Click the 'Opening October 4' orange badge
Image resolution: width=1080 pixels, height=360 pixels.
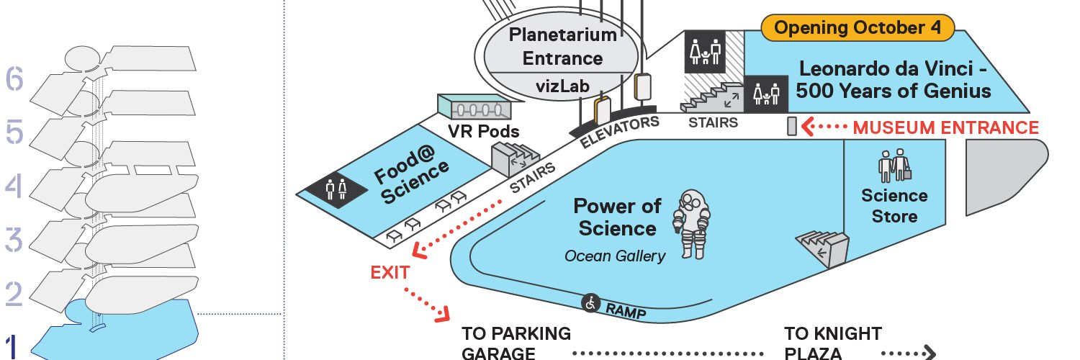[x=858, y=28]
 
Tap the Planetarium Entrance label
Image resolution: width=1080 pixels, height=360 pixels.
[x=553, y=46]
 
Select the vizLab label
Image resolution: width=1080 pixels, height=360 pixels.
[x=553, y=87]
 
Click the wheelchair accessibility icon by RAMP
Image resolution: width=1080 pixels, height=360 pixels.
[x=591, y=304]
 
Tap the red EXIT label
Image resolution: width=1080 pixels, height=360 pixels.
[x=390, y=272]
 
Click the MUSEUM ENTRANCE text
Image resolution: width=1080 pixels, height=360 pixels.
[x=945, y=128]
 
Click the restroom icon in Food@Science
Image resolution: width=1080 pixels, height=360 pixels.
[x=336, y=189]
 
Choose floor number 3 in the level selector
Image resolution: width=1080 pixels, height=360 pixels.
[x=14, y=240]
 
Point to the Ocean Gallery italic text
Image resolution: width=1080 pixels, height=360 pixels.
[x=615, y=256]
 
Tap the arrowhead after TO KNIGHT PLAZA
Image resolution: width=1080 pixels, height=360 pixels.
[x=929, y=352]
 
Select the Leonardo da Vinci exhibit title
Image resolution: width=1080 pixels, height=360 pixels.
[x=895, y=81]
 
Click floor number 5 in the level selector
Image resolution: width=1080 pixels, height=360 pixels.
[x=14, y=132]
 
